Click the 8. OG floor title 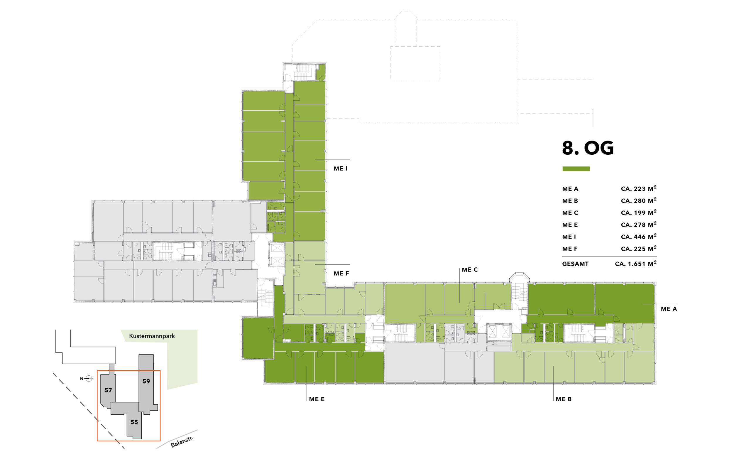pyautogui.click(x=588, y=148)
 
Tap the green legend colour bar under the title pyautogui.click(x=576, y=169)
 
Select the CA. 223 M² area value pyautogui.click(x=639, y=188)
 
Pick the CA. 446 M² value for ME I pyautogui.click(x=639, y=236)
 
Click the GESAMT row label pyautogui.click(x=575, y=264)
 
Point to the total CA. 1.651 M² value pyautogui.click(x=635, y=264)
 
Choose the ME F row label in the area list pyautogui.click(x=570, y=249)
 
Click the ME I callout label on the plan pyautogui.click(x=341, y=168)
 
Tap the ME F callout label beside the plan pyautogui.click(x=341, y=273)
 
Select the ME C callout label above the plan pyautogui.click(x=470, y=270)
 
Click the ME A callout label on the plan pyautogui.click(x=669, y=309)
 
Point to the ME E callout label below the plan pyautogui.click(x=317, y=399)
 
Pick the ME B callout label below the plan pyautogui.click(x=564, y=399)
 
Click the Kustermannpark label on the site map pyautogui.click(x=152, y=336)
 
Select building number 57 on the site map pyautogui.click(x=108, y=390)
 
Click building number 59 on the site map pyautogui.click(x=146, y=381)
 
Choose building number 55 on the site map pyautogui.click(x=134, y=422)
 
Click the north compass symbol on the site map pyautogui.click(x=88, y=379)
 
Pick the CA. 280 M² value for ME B pyautogui.click(x=639, y=200)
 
